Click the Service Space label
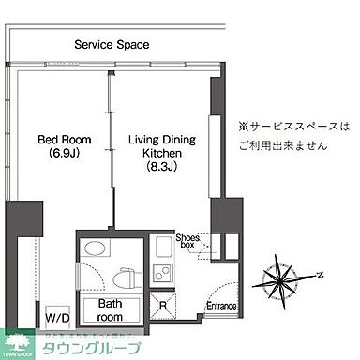click(112, 44)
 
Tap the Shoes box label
click(188, 243)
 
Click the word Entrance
click(221, 306)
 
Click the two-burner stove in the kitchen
click(160, 275)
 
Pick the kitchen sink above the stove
click(160, 249)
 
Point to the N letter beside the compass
click(320, 275)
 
